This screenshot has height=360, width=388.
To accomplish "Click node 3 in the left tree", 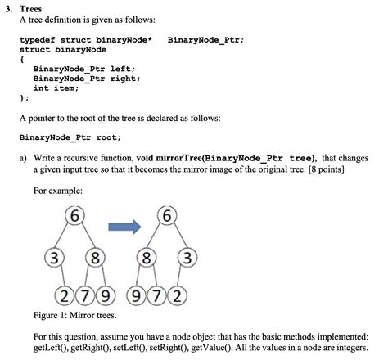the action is click(x=55, y=258).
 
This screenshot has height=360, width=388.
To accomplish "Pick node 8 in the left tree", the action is click(x=95, y=258).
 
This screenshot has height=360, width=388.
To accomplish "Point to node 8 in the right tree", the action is click(x=147, y=258).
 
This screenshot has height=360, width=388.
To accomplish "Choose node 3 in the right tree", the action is click(x=187, y=258).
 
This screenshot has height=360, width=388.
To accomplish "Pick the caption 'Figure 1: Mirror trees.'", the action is click(x=74, y=314).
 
